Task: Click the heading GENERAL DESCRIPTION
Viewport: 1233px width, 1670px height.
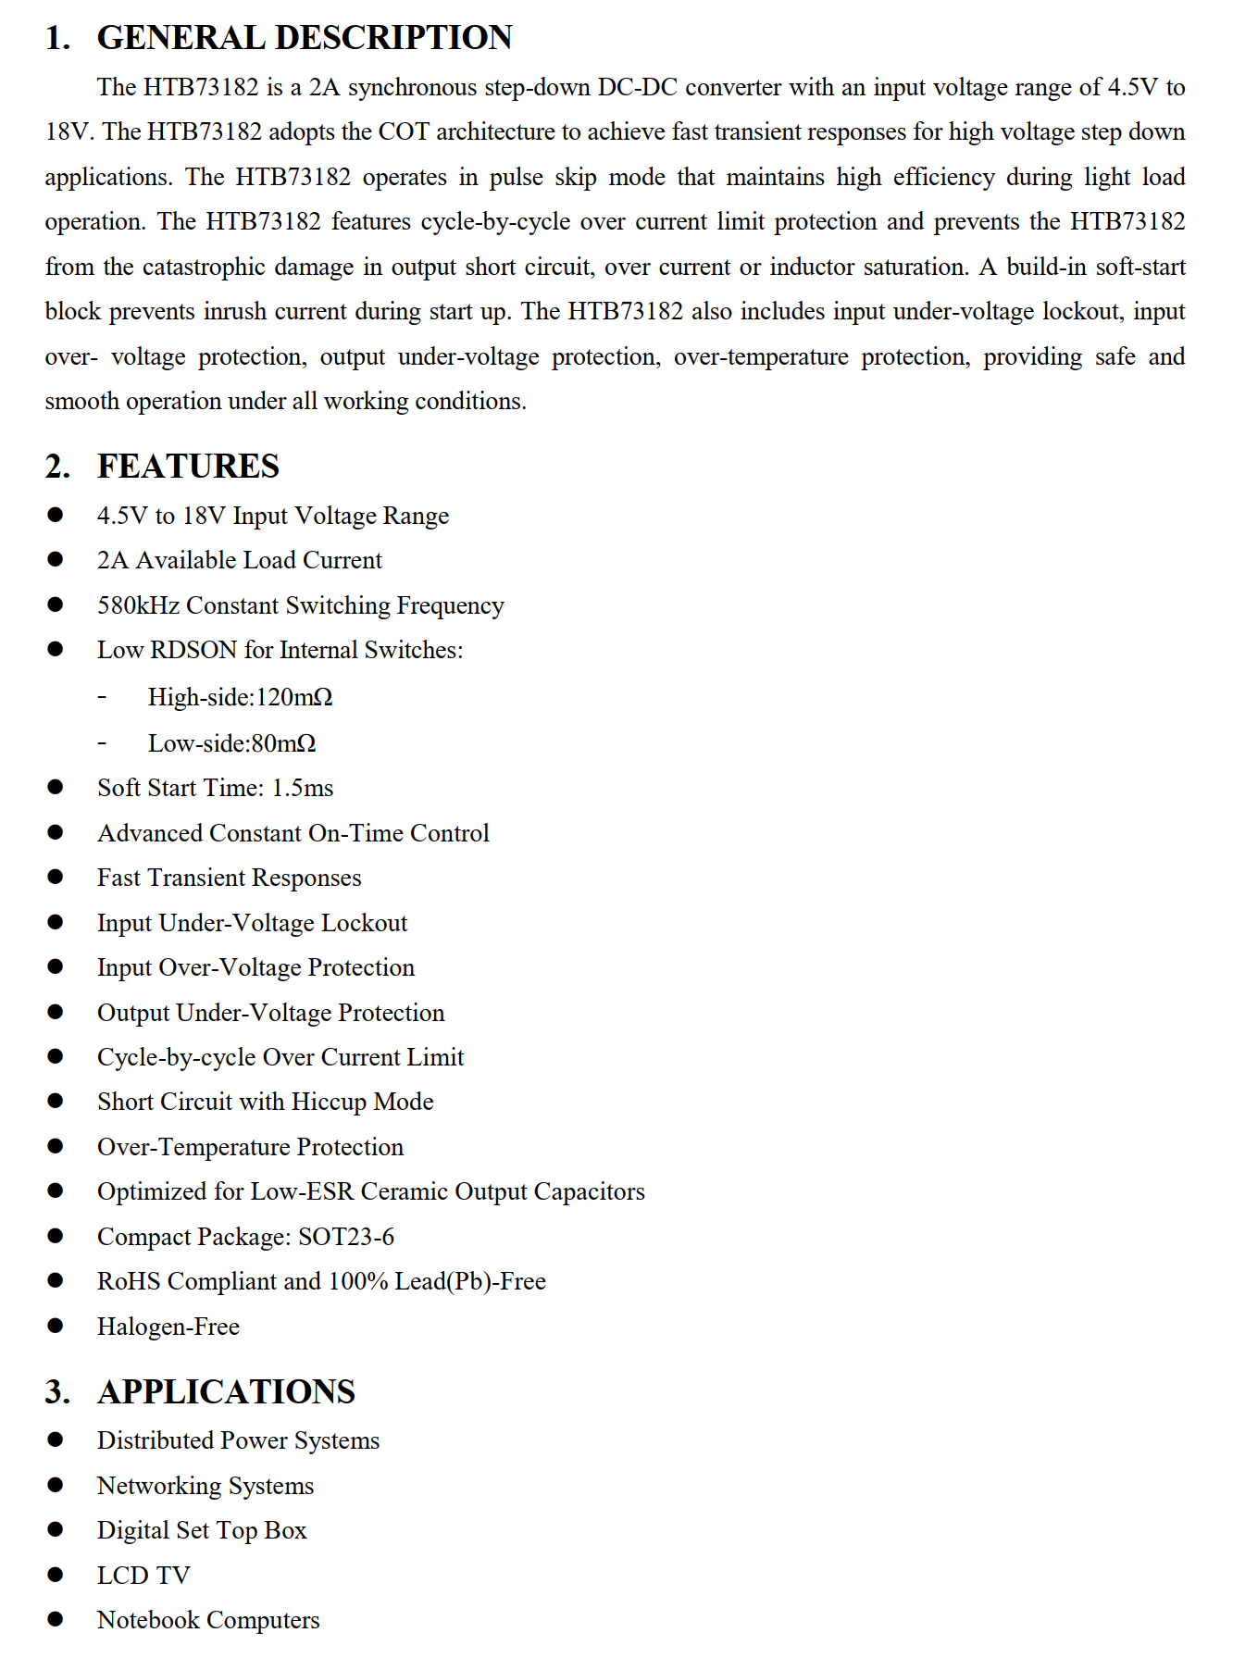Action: (x=305, y=38)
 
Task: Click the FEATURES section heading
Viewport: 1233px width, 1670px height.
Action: (x=188, y=466)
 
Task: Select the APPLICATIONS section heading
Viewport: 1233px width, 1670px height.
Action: (x=226, y=1391)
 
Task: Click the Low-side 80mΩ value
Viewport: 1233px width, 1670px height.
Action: (x=283, y=743)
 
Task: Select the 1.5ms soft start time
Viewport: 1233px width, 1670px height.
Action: (x=303, y=788)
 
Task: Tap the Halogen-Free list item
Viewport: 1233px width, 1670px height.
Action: (x=168, y=1327)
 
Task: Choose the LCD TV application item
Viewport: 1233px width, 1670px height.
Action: (x=143, y=1576)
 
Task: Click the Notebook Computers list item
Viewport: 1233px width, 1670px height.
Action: (x=208, y=1620)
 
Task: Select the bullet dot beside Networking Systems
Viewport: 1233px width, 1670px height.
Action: (x=56, y=1485)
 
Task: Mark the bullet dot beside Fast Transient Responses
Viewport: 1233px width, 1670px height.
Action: (x=56, y=877)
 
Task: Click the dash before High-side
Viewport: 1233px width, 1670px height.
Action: (x=102, y=697)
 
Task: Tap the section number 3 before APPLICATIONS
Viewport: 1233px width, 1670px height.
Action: (x=56, y=1391)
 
